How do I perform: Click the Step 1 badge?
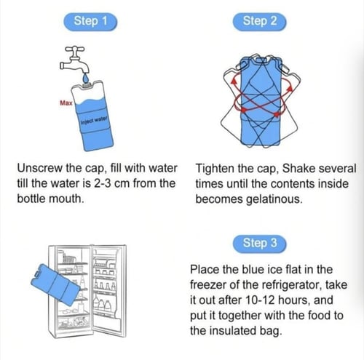point(90,22)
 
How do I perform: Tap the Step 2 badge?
point(259,22)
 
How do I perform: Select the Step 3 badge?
point(259,244)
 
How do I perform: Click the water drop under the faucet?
point(86,78)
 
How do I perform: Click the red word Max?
point(66,103)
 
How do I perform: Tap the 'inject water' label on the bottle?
point(94,120)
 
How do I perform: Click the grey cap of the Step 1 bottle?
point(87,85)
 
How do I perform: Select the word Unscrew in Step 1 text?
point(40,168)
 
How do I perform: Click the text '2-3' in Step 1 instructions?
point(103,183)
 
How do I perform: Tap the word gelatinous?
point(274,199)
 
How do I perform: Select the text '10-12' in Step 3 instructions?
point(260,300)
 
